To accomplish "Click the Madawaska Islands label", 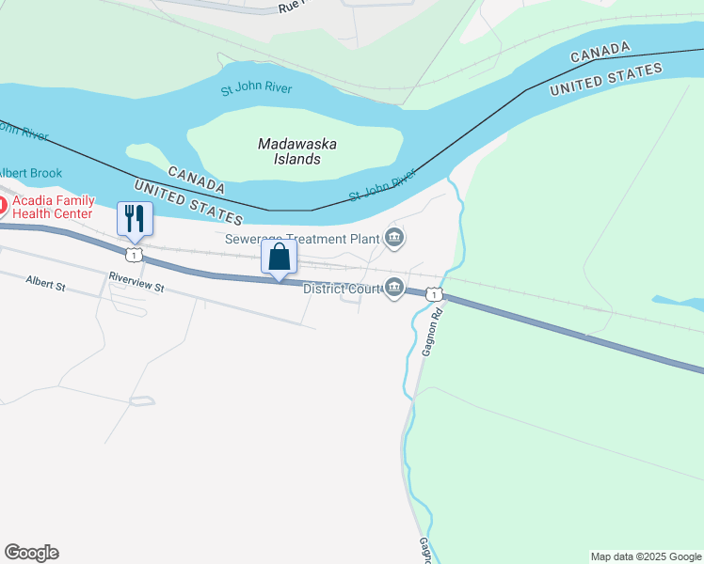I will (x=297, y=151).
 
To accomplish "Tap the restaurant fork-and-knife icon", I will (x=135, y=218).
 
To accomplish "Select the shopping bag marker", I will (x=279, y=257).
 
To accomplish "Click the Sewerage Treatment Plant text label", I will (x=301, y=239).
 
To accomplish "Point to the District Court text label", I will (x=341, y=289).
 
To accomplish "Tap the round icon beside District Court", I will (x=394, y=289).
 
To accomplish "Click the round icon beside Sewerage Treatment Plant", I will (x=394, y=239).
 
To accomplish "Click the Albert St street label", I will (x=46, y=282).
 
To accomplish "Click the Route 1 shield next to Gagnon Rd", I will (x=432, y=295).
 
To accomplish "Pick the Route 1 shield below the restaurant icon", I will (x=135, y=255).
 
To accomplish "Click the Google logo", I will (x=31, y=553).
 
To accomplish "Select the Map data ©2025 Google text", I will (x=645, y=556).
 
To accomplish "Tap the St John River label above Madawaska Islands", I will (x=256, y=89).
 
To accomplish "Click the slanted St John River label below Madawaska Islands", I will (x=382, y=185).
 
